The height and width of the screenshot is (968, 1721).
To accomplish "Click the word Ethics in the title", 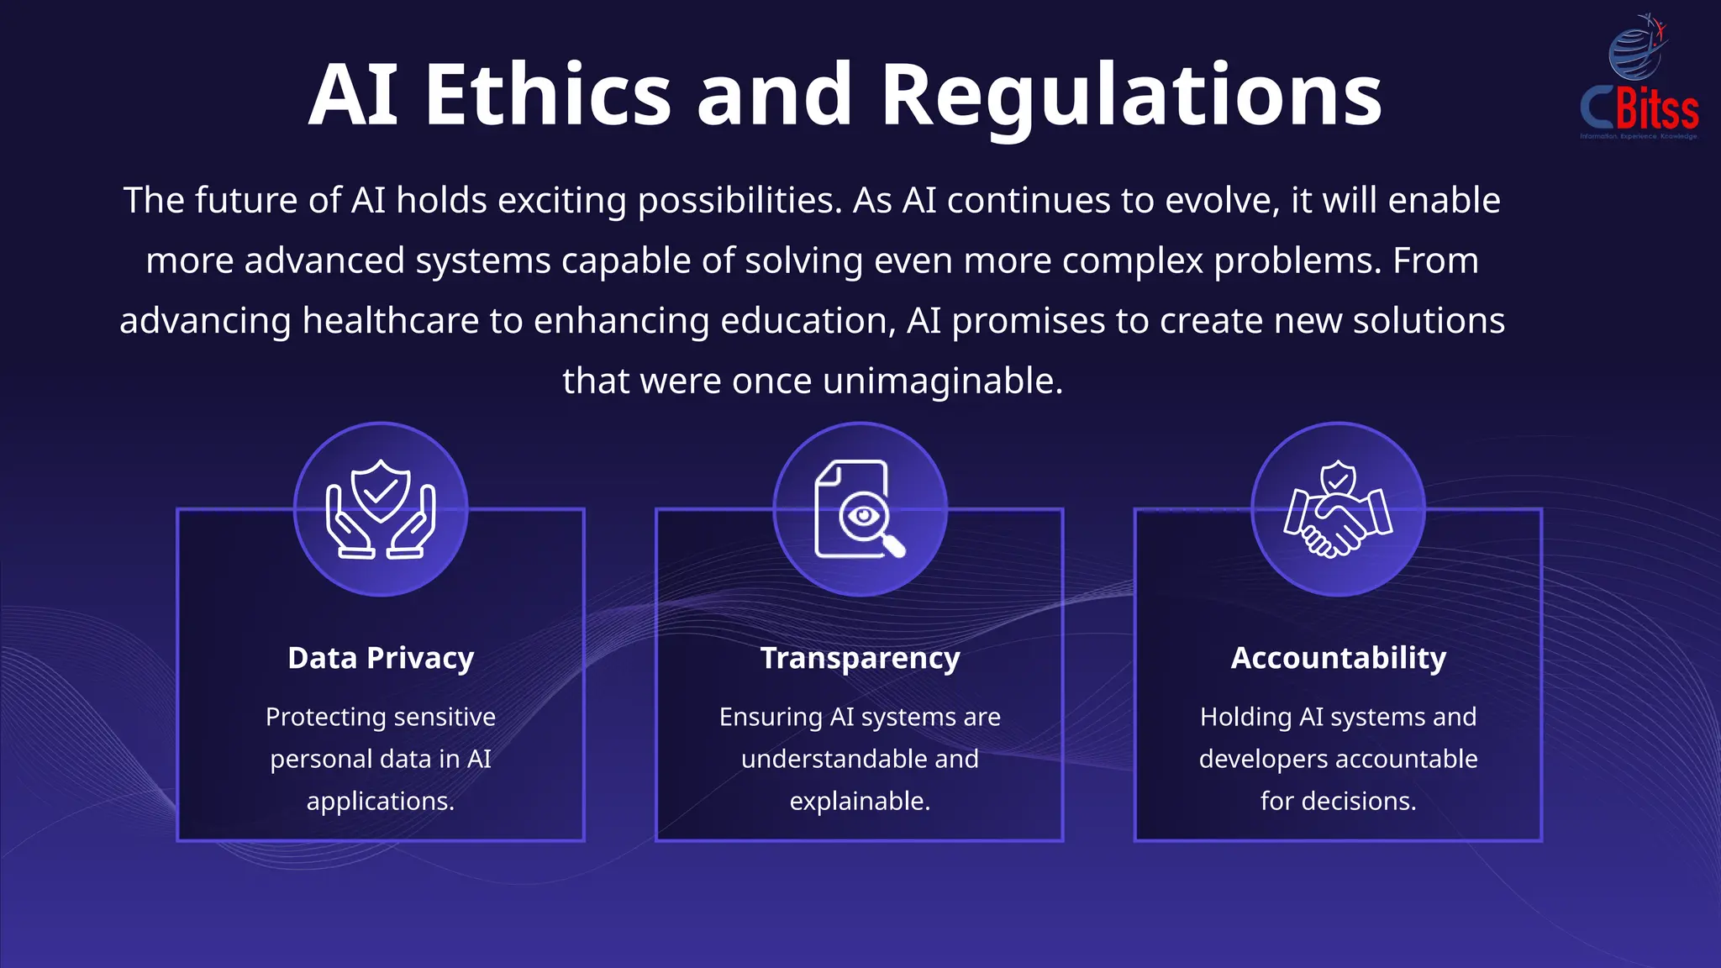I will pyautogui.click(x=548, y=94).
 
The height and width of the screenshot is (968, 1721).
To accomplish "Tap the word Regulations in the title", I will pyautogui.click(x=1131, y=94).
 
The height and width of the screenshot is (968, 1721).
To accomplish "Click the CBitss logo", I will pyautogui.click(x=1639, y=80).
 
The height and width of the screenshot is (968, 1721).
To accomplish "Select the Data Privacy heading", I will pyautogui.click(x=381, y=658).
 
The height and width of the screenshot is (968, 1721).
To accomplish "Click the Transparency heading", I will pyautogui.click(x=860, y=658).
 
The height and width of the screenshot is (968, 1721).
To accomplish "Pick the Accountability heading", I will pyautogui.click(x=1339, y=658).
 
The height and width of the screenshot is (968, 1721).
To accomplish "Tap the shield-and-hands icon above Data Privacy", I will pyautogui.click(x=381, y=509).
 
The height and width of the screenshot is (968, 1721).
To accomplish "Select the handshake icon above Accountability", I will pyautogui.click(x=1338, y=509).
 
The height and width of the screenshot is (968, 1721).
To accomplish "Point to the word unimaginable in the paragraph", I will pyautogui.click(x=942, y=381).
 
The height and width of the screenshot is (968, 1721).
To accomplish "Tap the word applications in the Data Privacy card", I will pyautogui.click(x=380, y=801).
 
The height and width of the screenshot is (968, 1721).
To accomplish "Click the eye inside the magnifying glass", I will pyautogui.click(x=863, y=515).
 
